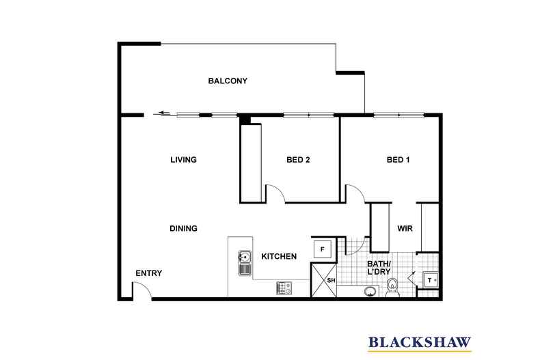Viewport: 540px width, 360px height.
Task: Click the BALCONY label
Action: (228, 81)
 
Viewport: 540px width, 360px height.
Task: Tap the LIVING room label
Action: (183, 161)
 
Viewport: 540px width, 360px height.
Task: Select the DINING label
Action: (183, 229)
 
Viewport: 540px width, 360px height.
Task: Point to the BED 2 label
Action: (298, 161)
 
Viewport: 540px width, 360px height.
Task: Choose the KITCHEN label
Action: (279, 257)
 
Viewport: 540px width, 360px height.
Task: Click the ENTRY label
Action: (148, 273)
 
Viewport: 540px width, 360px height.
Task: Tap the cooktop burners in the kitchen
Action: (284, 288)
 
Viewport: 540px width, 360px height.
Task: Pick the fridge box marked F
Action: (323, 249)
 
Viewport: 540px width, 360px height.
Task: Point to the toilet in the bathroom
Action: (393, 289)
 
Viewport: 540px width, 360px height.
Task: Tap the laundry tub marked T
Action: (431, 279)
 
